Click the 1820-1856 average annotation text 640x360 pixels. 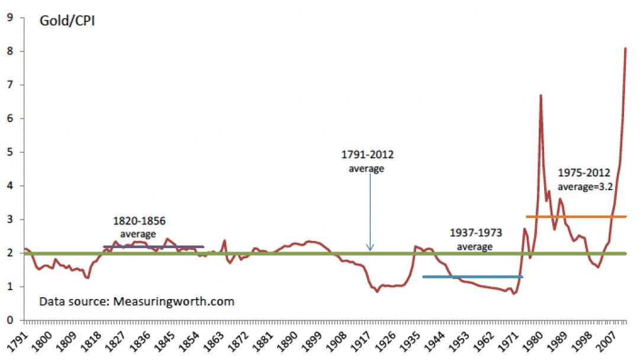[x=139, y=227]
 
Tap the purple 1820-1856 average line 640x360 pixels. [x=153, y=246]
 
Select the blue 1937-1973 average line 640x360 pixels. [x=472, y=277]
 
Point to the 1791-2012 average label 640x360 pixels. [x=368, y=160]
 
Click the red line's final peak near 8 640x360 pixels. [x=626, y=49]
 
